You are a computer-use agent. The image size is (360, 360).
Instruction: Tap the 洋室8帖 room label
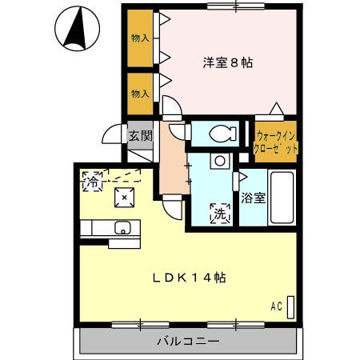point(226,62)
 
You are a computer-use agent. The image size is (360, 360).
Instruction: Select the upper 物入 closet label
point(140,37)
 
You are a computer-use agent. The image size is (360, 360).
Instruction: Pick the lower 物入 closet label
point(140,93)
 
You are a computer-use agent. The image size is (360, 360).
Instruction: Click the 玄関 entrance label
point(141,135)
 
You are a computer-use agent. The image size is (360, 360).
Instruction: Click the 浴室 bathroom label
point(252,197)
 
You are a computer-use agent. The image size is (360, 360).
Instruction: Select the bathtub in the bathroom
point(282,197)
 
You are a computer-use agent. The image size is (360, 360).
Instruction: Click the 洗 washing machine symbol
point(218,213)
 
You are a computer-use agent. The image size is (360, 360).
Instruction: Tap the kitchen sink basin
point(122,228)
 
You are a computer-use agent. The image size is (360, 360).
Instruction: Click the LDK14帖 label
point(190,278)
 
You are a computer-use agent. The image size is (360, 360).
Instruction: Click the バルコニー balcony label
point(187,342)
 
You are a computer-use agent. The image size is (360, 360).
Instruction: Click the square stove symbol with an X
point(124,196)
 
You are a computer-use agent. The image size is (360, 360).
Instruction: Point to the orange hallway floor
point(170,168)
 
